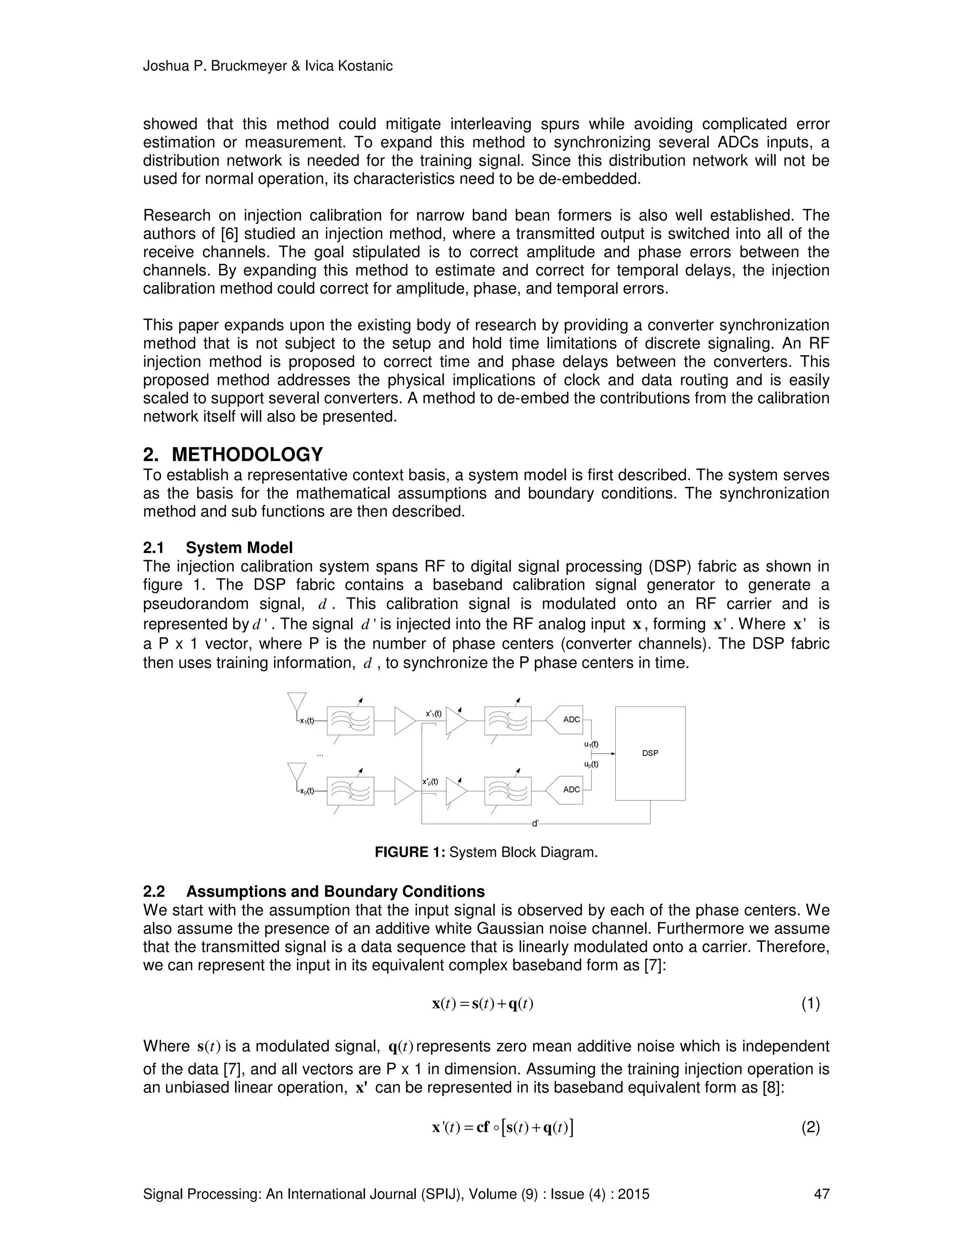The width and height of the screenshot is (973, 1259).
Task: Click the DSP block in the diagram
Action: tap(650, 753)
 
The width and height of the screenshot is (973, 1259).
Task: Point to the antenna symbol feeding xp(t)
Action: tap(297, 773)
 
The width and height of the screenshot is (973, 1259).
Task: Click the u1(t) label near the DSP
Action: tap(591, 744)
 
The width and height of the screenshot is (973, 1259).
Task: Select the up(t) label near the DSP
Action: tap(591, 764)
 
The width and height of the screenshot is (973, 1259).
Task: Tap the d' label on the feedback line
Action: tap(535, 824)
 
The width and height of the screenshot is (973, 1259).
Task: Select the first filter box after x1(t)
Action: tap(350, 721)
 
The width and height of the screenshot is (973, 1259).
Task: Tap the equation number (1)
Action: tap(811, 1003)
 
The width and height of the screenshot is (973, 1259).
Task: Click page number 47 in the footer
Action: tap(821, 1194)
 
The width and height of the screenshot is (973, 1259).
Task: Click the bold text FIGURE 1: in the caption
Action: tap(410, 852)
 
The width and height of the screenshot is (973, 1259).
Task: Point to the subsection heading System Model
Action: tap(239, 547)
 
